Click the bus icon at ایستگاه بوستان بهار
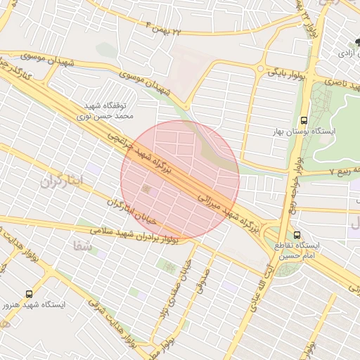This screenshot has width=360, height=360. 303,120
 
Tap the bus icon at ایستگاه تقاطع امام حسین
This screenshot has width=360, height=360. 296,235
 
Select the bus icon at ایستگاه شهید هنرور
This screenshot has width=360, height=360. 30,294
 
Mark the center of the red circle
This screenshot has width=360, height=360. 180,180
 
